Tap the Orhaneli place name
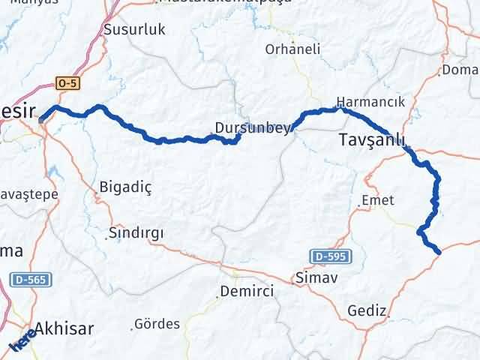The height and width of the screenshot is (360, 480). [x=292, y=49]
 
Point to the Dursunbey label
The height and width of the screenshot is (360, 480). [x=252, y=128]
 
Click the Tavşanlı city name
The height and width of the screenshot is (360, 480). [x=372, y=139]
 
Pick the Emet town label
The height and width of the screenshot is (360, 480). [x=377, y=200]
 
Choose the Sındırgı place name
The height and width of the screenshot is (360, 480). [x=136, y=232]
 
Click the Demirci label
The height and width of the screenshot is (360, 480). [x=246, y=290]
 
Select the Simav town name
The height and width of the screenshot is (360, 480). [x=317, y=277]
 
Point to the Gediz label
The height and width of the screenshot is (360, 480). [x=367, y=310]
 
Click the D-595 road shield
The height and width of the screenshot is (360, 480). [x=328, y=257]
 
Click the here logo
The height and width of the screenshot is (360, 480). [x=22, y=339]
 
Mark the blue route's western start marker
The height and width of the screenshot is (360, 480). [x=43, y=116]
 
